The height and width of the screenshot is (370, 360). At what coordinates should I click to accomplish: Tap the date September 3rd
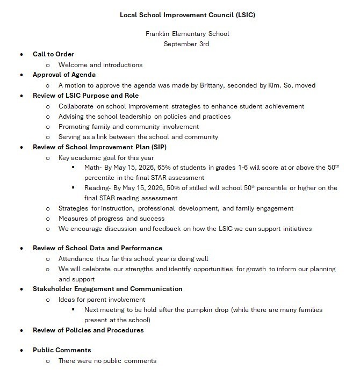pyautogui.click(x=186, y=44)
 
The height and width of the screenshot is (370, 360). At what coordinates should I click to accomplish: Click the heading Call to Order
pyautogui.click(x=53, y=54)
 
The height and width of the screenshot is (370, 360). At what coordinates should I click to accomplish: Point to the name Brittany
pyautogui.click(x=216, y=85)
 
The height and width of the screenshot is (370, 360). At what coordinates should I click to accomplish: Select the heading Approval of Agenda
pyautogui.click(x=64, y=75)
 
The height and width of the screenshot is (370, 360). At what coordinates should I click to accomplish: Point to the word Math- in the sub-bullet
pyautogui.click(x=94, y=168)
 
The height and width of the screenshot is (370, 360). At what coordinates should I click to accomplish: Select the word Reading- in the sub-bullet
pyautogui.click(x=99, y=188)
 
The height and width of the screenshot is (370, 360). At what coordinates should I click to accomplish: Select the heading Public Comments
pyautogui.click(x=62, y=350)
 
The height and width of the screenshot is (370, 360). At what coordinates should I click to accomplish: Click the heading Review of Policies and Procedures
pyautogui.click(x=88, y=330)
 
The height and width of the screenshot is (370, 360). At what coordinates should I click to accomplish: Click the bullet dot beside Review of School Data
pyautogui.click(x=21, y=249)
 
